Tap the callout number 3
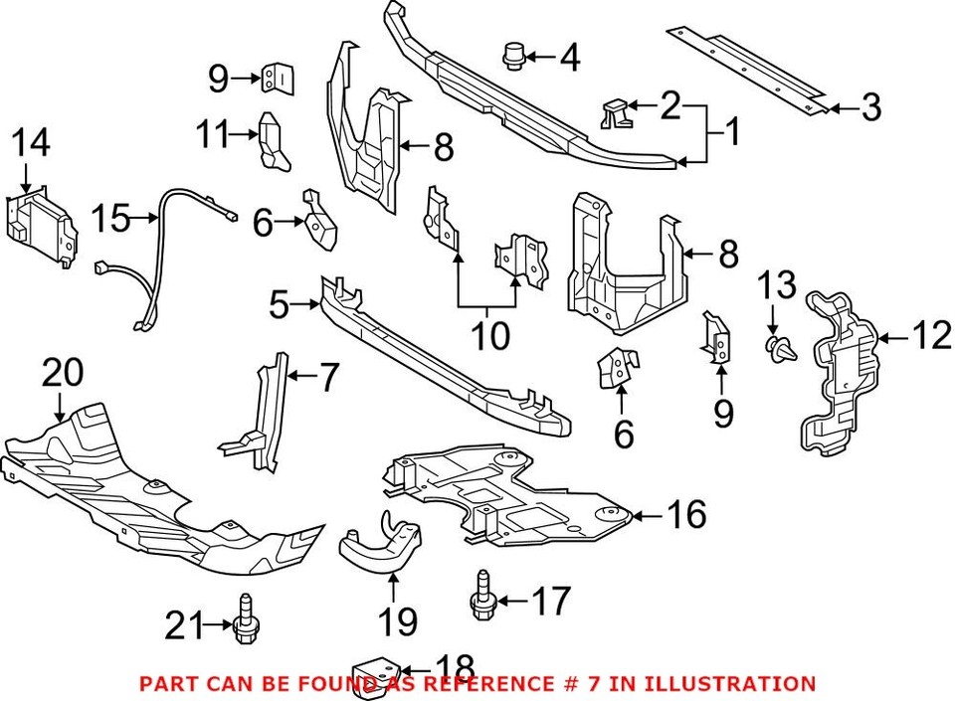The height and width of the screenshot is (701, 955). pyautogui.click(x=871, y=108)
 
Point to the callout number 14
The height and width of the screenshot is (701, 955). pyautogui.click(x=31, y=143)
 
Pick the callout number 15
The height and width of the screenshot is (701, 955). pyautogui.click(x=111, y=219)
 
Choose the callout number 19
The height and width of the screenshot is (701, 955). pyautogui.click(x=396, y=622)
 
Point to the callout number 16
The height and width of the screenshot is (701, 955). pyautogui.click(x=685, y=515)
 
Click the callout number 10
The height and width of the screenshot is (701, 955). pyautogui.click(x=488, y=336)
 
